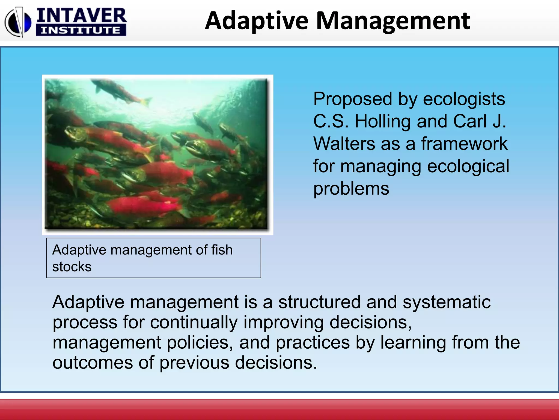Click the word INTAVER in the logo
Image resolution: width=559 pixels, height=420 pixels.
click(x=81, y=16)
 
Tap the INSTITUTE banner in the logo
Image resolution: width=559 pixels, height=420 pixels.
click(x=81, y=30)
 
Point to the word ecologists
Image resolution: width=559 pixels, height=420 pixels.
click(x=464, y=99)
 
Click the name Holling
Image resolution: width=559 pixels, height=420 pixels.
click(x=382, y=121)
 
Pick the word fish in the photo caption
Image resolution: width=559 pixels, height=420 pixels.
click(x=222, y=250)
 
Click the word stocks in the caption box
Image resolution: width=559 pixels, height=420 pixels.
click(x=72, y=267)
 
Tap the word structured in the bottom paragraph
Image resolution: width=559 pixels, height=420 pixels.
click(x=319, y=302)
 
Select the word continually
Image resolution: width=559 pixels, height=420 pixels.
click(x=194, y=323)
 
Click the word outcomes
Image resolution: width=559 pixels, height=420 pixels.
click(x=93, y=363)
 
